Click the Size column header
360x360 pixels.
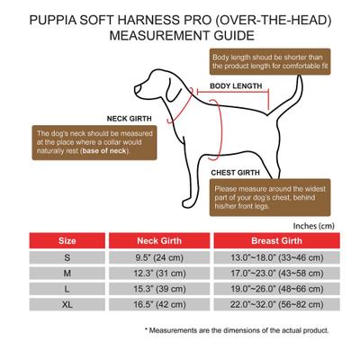(x=67, y=241)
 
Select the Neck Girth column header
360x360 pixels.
(x=162, y=241)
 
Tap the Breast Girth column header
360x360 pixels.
(x=275, y=241)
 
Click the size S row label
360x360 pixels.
(x=67, y=258)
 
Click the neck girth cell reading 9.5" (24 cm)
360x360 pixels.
(x=162, y=258)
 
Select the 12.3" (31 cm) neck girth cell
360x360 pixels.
(x=162, y=274)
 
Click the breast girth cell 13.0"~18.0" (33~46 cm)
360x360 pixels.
(x=275, y=258)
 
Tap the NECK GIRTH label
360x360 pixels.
(x=130, y=118)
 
